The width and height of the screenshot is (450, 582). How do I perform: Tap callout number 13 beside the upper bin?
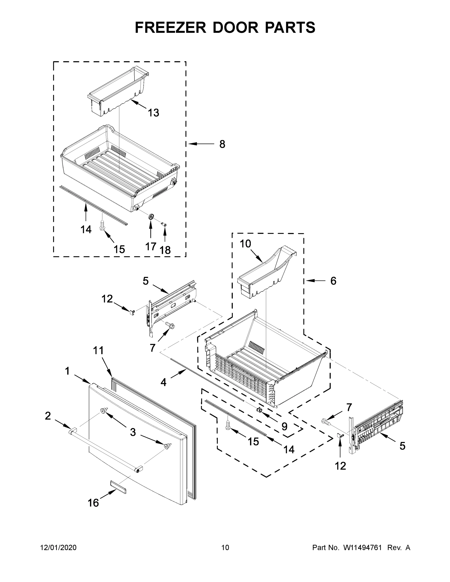tap(154, 113)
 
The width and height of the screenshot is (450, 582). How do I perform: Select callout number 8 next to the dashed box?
tap(222, 144)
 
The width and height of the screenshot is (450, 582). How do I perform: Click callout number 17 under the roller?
tap(151, 246)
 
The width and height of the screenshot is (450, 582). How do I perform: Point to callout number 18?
tap(165, 250)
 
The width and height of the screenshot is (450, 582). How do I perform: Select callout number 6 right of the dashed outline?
tap(333, 281)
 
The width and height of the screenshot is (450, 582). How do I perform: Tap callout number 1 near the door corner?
tap(67, 371)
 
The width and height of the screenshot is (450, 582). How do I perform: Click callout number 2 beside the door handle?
tap(48, 416)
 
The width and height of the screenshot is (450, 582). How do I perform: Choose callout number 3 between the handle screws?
tap(133, 432)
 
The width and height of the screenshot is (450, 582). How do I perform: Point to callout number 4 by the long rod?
tap(164, 382)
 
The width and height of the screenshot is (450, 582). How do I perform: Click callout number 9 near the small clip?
tap(285, 427)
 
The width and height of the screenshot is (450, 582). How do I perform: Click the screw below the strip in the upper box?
tap(102, 225)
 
